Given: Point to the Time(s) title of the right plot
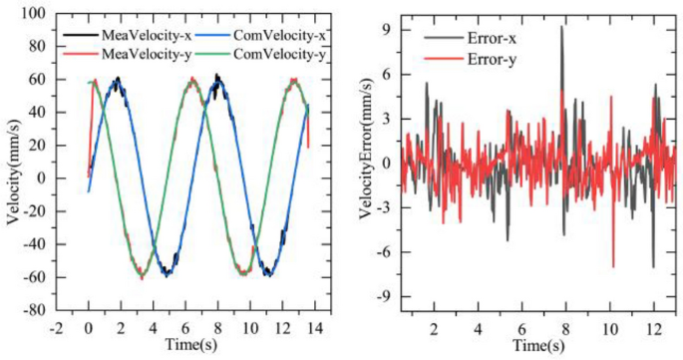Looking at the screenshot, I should click(x=538, y=345).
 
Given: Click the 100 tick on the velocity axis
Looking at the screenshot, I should click(x=42, y=14).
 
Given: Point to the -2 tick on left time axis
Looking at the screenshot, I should click(x=61, y=325).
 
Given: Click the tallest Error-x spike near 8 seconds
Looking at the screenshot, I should click(x=561, y=27).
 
